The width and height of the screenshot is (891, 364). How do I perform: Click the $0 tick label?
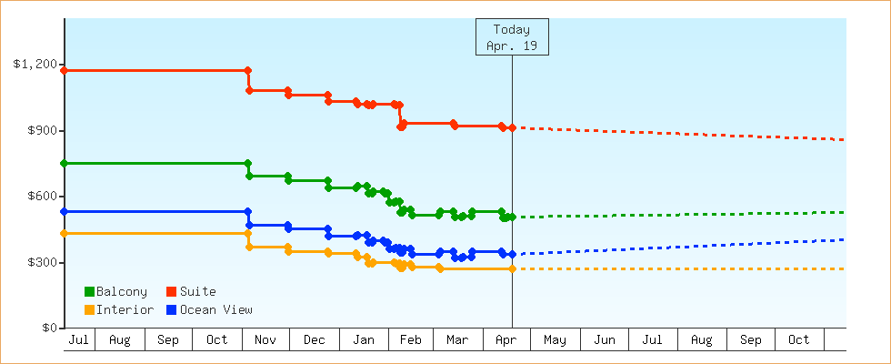(x=49, y=329)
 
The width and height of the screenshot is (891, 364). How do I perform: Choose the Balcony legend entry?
(x=115, y=292)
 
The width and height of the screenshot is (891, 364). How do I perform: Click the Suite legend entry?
(x=191, y=292)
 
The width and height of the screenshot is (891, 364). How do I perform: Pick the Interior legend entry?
(x=118, y=310)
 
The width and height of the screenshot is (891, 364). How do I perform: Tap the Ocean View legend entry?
(x=209, y=310)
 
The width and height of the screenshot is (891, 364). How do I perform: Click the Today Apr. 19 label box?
(x=512, y=37)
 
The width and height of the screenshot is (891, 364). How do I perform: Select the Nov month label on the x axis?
(x=265, y=340)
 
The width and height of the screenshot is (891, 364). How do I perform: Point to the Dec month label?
(x=315, y=340)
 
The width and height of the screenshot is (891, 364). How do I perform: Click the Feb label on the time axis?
(x=410, y=340)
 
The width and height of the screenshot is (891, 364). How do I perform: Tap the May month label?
(x=555, y=340)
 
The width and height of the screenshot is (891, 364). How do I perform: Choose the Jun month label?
(x=605, y=340)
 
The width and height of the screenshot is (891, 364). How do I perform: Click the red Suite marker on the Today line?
(x=512, y=127)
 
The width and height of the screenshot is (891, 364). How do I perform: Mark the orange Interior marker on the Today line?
(x=512, y=268)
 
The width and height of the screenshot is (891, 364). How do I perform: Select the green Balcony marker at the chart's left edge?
(x=65, y=163)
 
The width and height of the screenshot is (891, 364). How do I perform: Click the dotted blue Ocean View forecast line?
(x=682, y=247)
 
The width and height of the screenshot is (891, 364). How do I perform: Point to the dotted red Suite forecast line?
(x=682, y=134)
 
